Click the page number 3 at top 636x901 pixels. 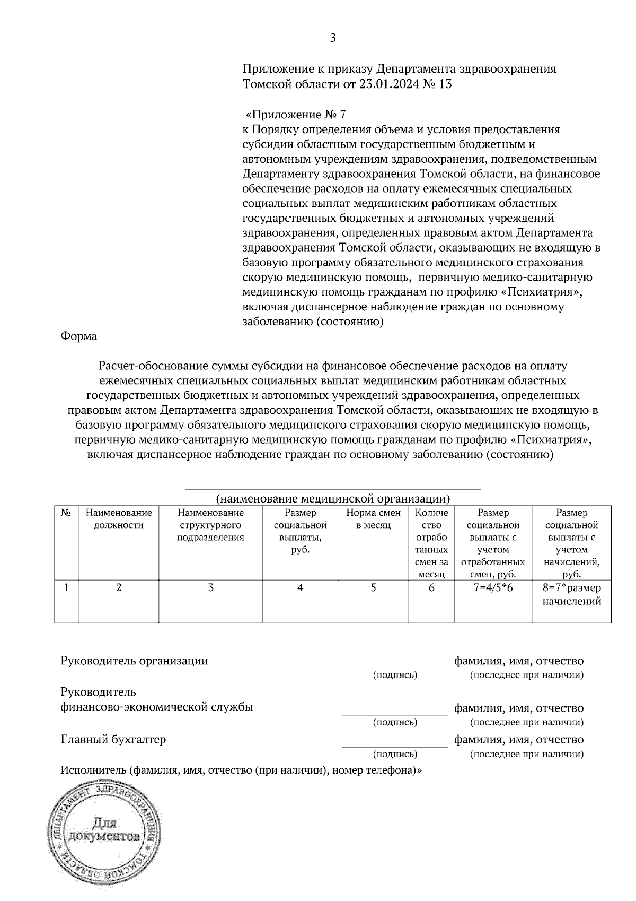coord(333,38)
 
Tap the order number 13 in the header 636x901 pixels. coord(445,84)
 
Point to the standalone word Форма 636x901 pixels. coord(79,336)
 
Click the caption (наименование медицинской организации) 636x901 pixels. coord(333,498)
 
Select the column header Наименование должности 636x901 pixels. coord(119,519)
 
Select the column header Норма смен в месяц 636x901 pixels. coord(373,519)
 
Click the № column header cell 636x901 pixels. coord(66,513)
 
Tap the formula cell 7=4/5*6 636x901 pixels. coord(493,588)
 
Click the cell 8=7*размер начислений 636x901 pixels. coord(571,594)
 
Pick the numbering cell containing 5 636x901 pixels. coord(373,588)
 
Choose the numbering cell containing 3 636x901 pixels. coord(210,588)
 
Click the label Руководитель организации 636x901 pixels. coord(135,661)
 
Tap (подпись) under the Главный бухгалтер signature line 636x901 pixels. coord(395,754)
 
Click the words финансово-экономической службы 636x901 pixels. coord(157,707)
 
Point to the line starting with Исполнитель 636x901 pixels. coord(241,770)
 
